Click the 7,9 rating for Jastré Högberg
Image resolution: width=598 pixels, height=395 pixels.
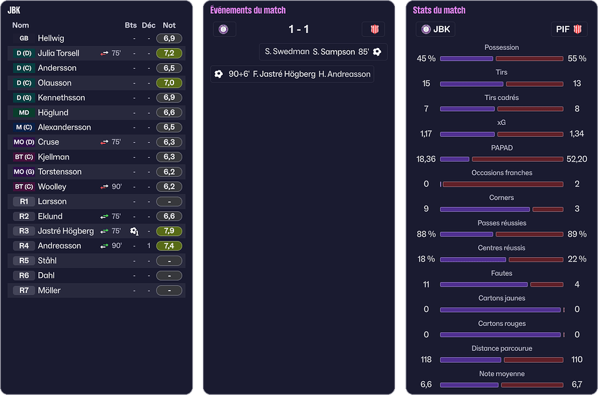point(169,231)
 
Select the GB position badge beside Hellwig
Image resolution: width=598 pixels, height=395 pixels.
point(24,39)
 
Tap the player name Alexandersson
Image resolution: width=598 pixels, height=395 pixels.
point(64,128)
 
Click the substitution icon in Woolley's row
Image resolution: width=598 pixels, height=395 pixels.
point(104,187)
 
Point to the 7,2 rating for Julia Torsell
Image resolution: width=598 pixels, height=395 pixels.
point(169,53)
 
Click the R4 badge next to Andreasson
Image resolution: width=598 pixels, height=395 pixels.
point(24,246)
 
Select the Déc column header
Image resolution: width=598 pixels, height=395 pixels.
point(149,25)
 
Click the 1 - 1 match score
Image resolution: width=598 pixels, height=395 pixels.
point(299,30)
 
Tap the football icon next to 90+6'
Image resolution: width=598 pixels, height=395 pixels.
point(219,74)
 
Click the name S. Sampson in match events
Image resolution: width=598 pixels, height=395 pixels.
point(333,52)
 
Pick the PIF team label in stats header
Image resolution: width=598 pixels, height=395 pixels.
point(563,30)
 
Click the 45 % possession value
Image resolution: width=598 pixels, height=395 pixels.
point(426,58)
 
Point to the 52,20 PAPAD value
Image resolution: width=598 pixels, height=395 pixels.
point(576,159)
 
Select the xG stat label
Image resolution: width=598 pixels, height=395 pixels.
point(501,123)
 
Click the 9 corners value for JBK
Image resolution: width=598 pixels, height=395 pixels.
point(426,209)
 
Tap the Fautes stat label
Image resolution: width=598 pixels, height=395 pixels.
point(501,273)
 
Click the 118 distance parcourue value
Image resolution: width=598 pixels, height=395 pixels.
point(426,360)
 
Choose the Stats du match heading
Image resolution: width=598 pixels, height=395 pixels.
point(439,11)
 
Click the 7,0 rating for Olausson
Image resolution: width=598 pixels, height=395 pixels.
point(169,83)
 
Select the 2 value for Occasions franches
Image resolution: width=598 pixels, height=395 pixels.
point(577,184)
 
